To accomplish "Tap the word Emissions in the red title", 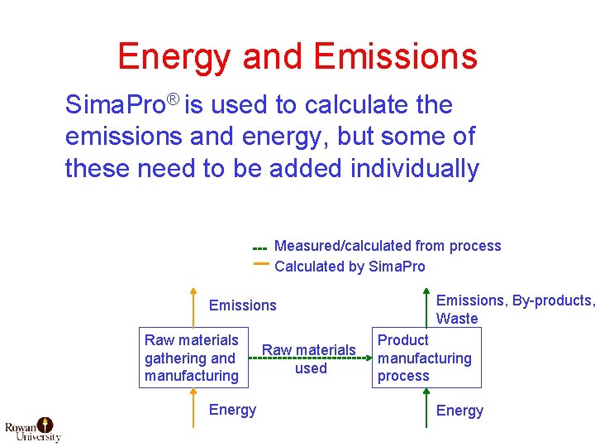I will pos(396,57).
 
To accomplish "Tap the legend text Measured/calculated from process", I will pos(387,246).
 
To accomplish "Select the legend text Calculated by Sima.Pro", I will pos(350,267).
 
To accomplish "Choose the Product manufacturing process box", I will pos(426,358).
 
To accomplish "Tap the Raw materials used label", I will pos(310,359).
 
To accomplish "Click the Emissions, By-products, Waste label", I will pos(515,310).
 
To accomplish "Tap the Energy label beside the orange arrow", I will pos(232,410).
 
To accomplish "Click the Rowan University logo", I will pos(33,429).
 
